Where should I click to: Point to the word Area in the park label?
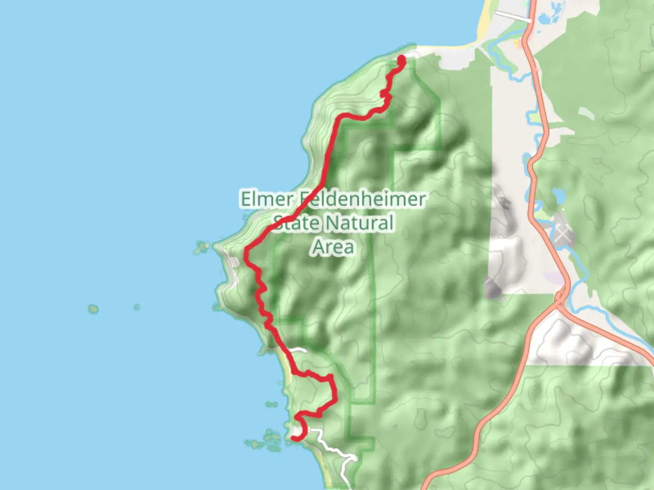coord(333,247)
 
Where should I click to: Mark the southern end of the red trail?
coord(294,438)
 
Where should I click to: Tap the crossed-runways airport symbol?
coord(562,235)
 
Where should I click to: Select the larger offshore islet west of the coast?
coord(93,309)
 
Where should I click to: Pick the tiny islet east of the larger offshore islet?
coord(136,307)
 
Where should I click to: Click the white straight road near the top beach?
coord(512,16)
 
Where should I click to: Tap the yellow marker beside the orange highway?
coord(516,43)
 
